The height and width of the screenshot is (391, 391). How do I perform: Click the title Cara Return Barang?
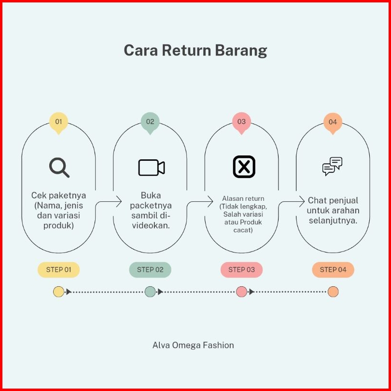[x=195, y=51]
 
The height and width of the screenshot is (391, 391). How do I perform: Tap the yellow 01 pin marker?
[x=58, y=122]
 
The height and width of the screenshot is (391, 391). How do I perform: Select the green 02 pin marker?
[x=150, y=122]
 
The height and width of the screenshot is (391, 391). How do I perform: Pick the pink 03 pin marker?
[x=241, y=122]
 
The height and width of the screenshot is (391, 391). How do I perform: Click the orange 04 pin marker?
[x=333, y=122]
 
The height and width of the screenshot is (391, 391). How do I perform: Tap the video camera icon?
[x=152, y=168]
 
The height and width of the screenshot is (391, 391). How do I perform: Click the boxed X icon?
[x=244, y=167]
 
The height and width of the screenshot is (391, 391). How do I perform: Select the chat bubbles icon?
[x=332, y=167]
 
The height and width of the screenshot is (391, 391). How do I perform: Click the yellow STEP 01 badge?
[x=58, y=270]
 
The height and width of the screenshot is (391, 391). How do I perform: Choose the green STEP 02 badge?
[x=150, y=270]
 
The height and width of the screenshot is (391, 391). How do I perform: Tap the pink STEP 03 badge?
[x=241, y=270]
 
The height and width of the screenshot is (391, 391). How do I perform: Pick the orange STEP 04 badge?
[x=333, y=270]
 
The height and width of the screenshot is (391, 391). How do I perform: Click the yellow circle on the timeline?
[x=58, y=292]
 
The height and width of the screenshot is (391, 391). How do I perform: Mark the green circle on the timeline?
[x=150, y=292]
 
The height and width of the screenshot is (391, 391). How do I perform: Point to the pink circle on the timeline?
[x=241, y=292]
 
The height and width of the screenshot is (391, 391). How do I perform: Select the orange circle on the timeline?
[x=333, y=292]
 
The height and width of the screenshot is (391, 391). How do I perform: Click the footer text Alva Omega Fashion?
[x=193, y=345]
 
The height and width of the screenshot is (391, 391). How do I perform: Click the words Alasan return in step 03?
[x=243, y=198]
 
